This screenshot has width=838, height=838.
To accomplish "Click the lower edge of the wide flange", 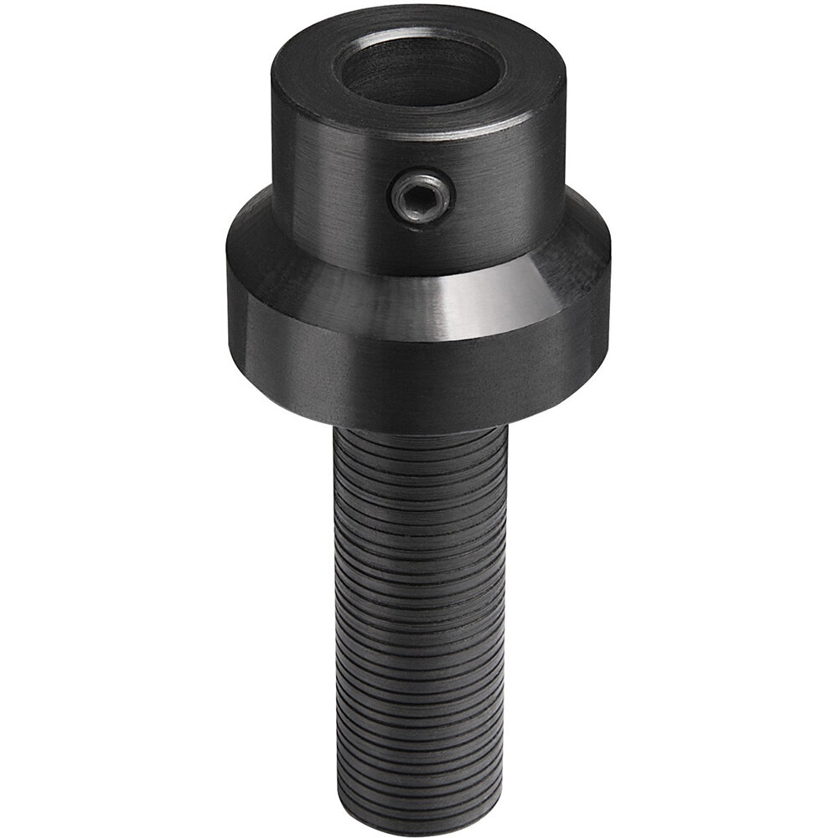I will tap(419, 427).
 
